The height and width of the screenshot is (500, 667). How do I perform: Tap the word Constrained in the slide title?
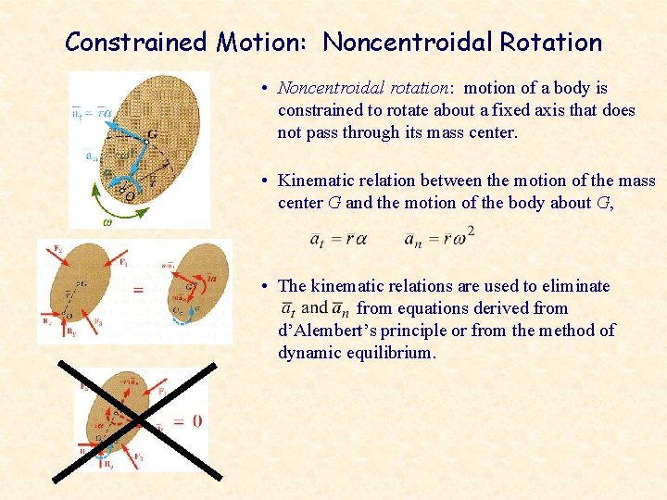coord(135,42)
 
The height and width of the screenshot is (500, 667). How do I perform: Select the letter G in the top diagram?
coord(151,135)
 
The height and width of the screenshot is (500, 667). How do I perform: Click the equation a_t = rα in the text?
coord(337,239)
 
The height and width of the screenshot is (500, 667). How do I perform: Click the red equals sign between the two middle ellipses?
coord(138,291)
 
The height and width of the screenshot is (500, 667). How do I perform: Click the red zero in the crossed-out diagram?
coord(197,421)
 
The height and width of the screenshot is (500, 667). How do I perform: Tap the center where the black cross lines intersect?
coord(137,421)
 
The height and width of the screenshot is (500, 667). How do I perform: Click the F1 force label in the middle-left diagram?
coord(123,262)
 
